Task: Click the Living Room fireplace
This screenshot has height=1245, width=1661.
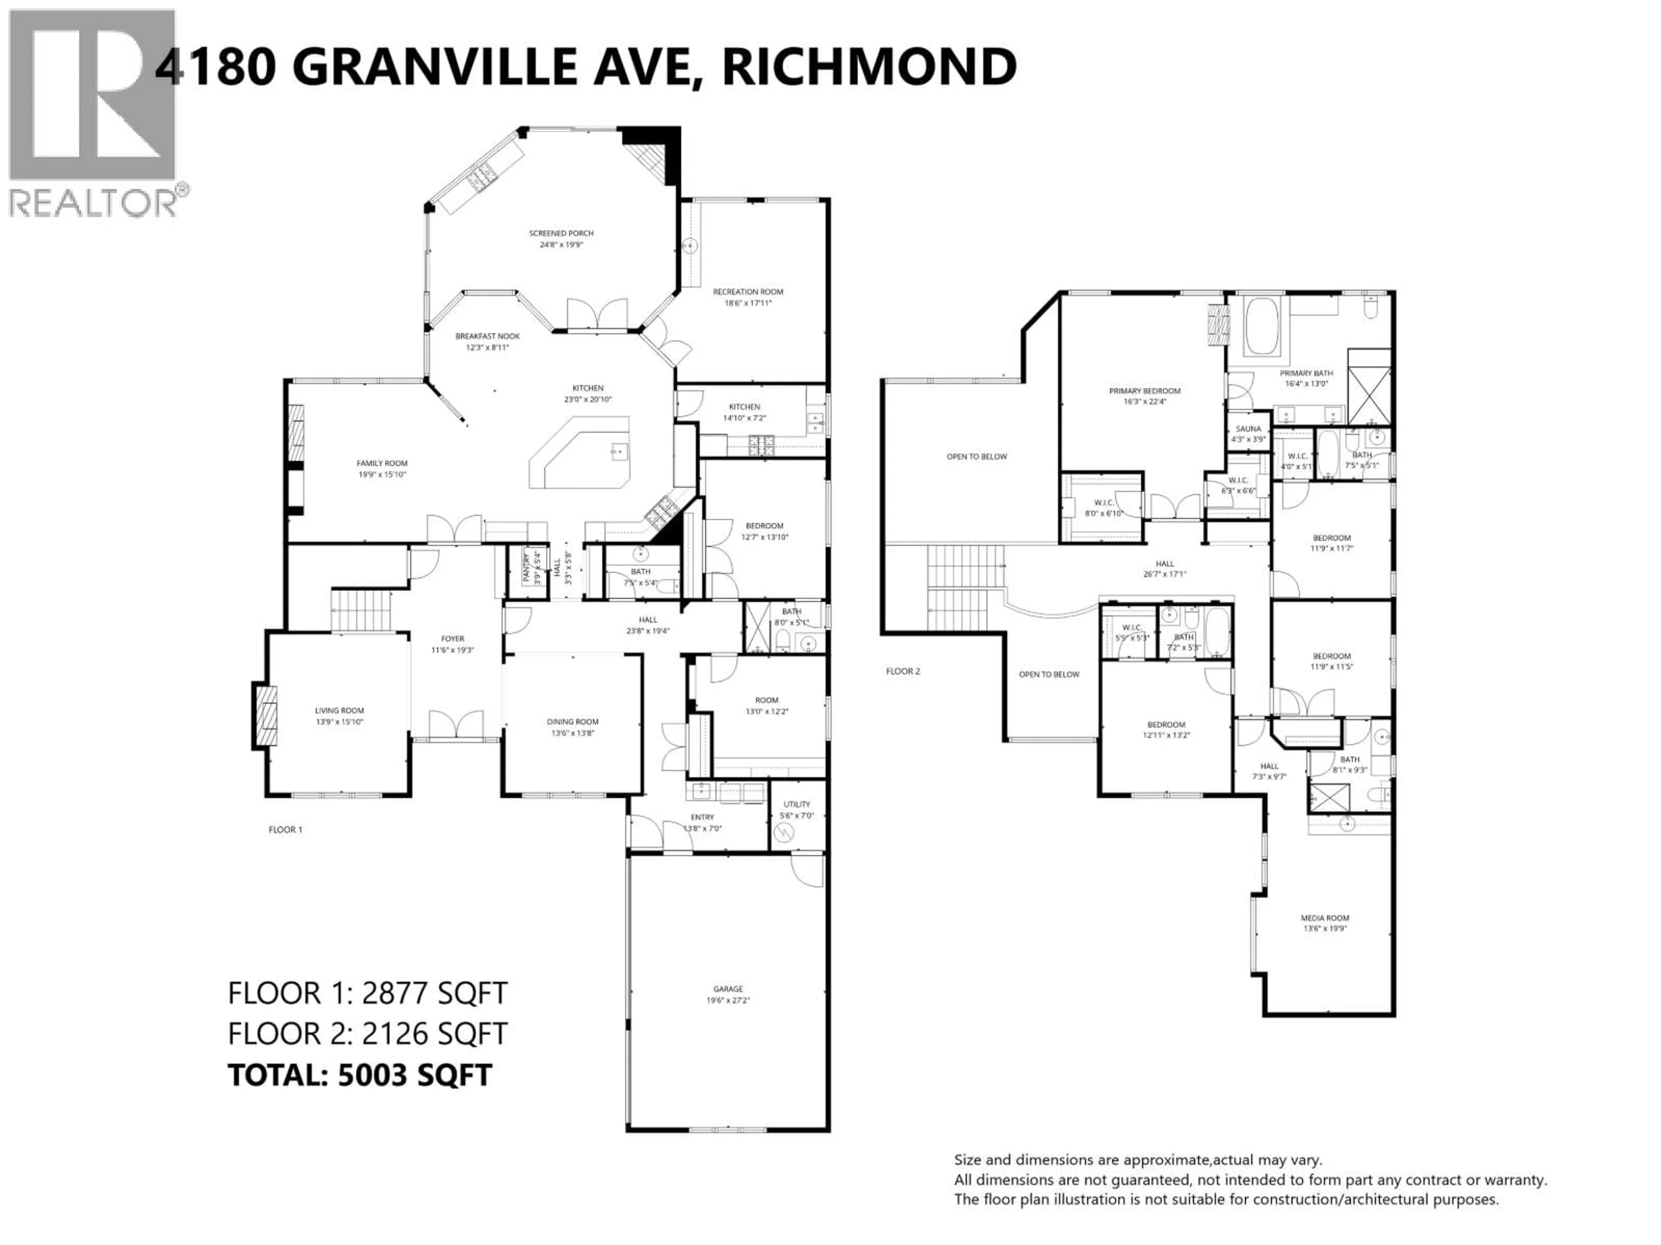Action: click(265, 715)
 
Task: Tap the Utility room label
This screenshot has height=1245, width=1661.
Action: click(797, 809)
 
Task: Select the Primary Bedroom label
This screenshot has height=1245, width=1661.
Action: click(1145, 396)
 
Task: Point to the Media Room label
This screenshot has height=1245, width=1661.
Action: click(1324, 923)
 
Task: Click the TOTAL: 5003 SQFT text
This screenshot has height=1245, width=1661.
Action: click(360, 1075)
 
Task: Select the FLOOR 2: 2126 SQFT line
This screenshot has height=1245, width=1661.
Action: click(367, 1033)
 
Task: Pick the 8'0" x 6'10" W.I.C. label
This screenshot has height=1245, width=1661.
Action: click(1103, 508)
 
